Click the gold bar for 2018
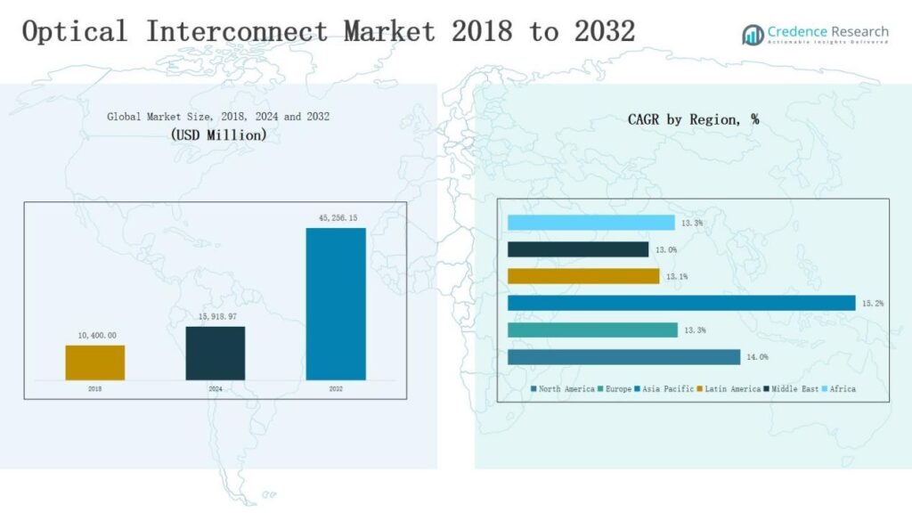95,362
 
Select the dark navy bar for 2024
216,353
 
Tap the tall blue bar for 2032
336,304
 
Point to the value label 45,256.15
336,218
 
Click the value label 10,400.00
95,335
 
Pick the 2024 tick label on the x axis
216,389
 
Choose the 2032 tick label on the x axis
336,389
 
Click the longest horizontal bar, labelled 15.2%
681,303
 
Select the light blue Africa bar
590,223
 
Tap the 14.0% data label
757,357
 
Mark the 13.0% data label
665,250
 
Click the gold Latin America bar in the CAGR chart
583,276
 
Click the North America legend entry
563,389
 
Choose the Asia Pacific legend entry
663,389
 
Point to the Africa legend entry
840,389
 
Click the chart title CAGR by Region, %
693,119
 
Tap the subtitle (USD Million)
218,135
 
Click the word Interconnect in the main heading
237,32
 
